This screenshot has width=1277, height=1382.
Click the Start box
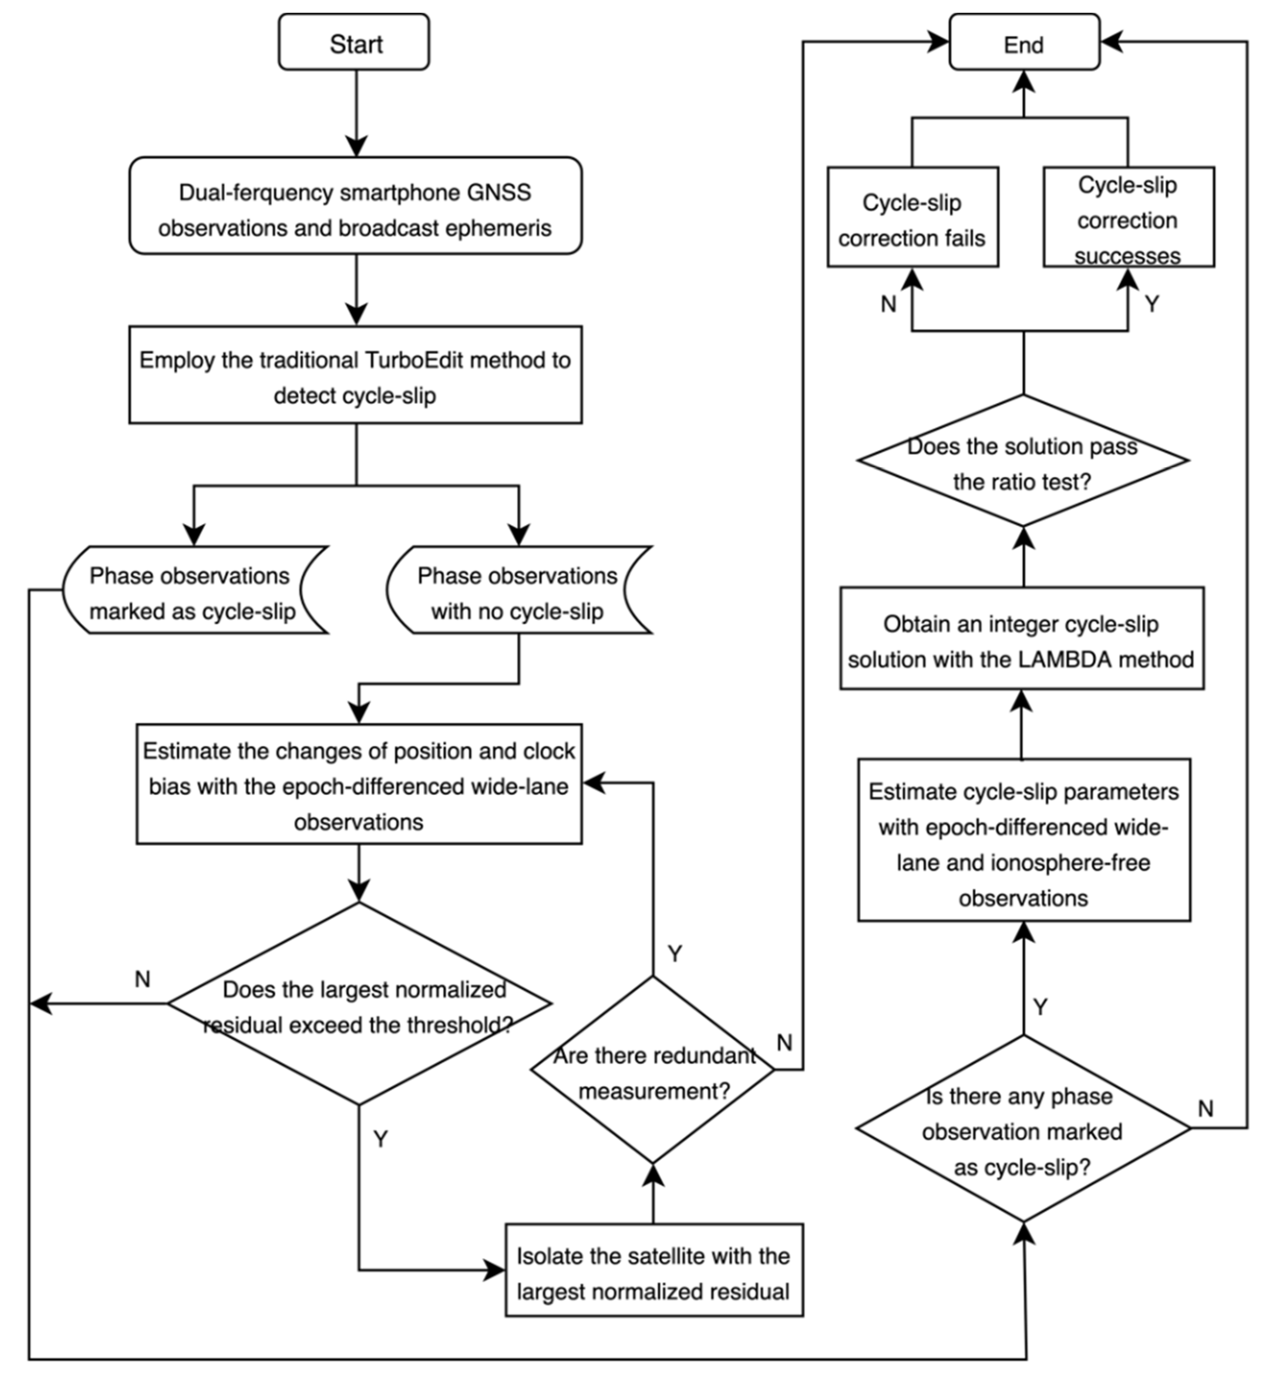coord(354,43)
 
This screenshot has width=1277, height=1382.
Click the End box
coord(1024,43)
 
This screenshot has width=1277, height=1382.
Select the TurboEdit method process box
coord(355,375)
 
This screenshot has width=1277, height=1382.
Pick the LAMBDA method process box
coord(1021,639)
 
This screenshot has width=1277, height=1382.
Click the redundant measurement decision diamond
coord(653,1071)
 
